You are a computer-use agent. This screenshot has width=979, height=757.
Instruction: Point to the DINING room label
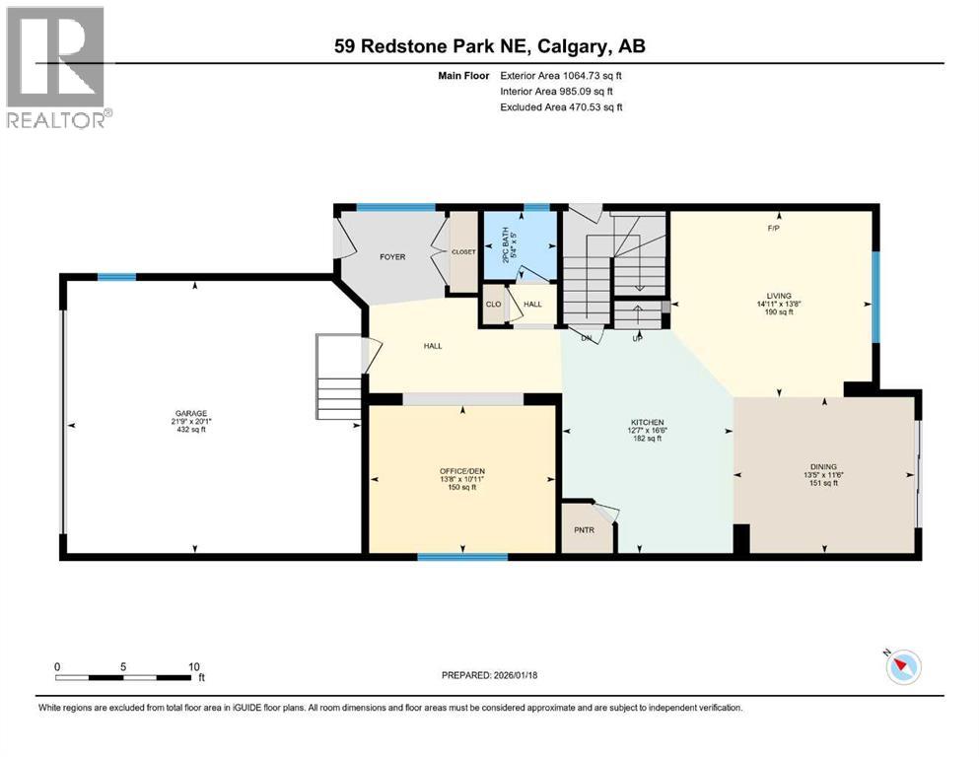click(821, 470)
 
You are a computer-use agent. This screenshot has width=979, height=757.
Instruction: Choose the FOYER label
click(392, 257)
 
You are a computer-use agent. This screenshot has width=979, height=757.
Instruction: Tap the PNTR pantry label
click(585, 529)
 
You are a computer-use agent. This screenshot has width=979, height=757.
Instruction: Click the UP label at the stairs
click(637, 339)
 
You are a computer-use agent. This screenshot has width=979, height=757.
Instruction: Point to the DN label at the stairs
click(586, 339)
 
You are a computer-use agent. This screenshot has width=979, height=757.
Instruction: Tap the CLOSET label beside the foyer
click(463, 252)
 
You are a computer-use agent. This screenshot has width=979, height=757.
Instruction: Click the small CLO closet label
click(492, 305)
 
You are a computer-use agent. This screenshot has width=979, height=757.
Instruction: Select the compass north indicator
click(901, 667)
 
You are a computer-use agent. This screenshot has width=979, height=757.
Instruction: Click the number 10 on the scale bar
click(194, 666)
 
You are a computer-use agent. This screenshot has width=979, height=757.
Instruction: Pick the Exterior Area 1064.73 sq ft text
click(561, 75)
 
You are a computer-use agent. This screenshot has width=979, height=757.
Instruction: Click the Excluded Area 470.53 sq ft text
click(561, 106)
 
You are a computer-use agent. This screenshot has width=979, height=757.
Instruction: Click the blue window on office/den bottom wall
click(462, 558)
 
